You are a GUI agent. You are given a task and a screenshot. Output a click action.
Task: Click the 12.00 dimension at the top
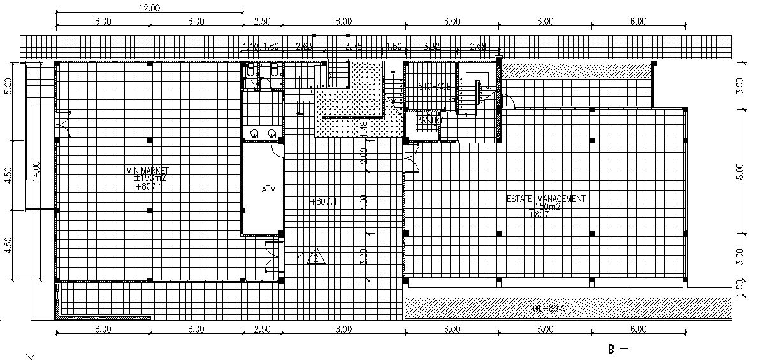149,8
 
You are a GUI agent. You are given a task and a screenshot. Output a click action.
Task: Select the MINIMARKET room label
147,171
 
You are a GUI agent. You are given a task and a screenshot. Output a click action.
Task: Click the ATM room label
268,189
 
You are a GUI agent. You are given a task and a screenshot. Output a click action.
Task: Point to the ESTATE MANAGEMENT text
545,199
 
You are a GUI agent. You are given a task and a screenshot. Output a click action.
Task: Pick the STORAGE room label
435,86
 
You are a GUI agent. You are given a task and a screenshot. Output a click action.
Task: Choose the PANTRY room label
428,119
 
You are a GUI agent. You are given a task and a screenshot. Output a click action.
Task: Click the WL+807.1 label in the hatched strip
552,308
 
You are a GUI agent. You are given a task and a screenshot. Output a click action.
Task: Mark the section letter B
611,349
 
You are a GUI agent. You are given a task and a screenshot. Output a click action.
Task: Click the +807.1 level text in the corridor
323,201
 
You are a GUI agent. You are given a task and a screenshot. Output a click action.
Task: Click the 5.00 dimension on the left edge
8,85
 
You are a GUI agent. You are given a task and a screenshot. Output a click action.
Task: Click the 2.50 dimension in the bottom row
262,329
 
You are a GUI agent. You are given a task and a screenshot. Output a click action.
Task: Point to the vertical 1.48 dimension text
363,127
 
